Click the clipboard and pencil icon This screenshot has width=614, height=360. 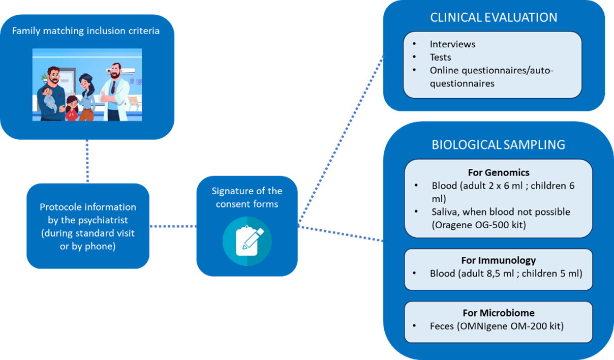click(x=247, y=241)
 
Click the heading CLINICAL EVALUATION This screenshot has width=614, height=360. click(x=494, y=17)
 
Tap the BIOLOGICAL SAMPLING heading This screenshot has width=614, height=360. click(x=498, y=144)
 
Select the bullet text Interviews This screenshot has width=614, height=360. click(x=452, y=44)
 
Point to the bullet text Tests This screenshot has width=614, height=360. click(x=440, y=57)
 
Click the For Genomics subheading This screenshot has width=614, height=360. click(x=498, y=172)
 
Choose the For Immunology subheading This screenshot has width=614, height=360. click(x=498, y=260)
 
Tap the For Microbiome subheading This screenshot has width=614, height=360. click(x=498, y=313)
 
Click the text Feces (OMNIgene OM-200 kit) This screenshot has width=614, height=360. click(x=497, y=326)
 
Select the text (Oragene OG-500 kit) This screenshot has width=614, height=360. click(x=478, y=225)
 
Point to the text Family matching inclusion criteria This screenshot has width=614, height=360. click(x=86, y=31)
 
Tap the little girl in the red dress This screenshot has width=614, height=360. click(x=71, y=108)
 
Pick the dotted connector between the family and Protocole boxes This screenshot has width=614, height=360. click(x=87, y=161)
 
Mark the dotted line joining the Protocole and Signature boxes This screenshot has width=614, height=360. click(x=173, y=226)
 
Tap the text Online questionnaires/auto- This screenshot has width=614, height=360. click(x=491, y=71)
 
